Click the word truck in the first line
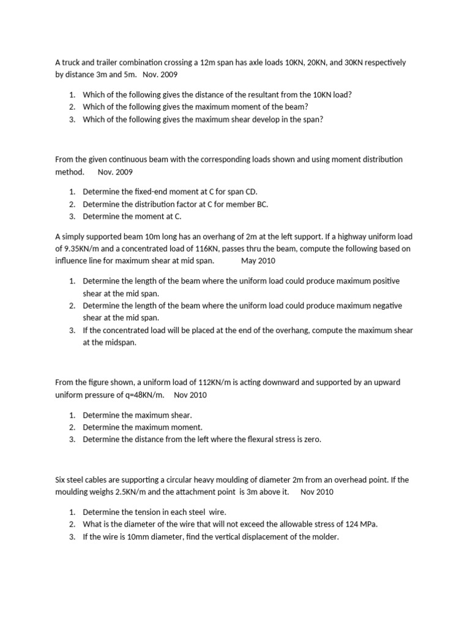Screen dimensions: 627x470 pos(72,62)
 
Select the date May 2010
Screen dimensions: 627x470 pos(258,260)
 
